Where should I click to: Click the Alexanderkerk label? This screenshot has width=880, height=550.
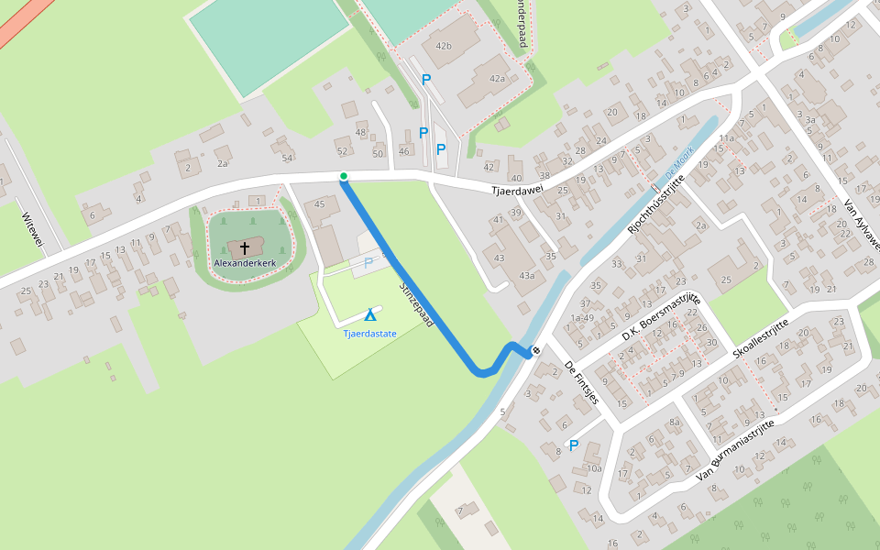(x=245, y=263)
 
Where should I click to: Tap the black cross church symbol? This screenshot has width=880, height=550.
(x=245, y=247)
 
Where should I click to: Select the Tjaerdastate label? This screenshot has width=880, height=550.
(x=369, y=334)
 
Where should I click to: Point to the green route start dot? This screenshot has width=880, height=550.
(x=344, y=176)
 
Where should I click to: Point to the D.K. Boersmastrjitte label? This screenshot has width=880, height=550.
(x=661, y=318)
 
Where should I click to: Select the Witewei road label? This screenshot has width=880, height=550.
(x=32, y=228)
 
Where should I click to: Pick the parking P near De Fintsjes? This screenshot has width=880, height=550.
(x=574, y=445)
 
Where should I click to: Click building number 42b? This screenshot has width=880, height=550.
(x=444, y=46)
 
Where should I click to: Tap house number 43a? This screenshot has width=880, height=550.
(x=526, y=275)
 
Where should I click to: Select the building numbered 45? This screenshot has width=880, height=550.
(x=320, y=203)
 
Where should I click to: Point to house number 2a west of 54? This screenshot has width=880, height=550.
(x=222, y=163)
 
